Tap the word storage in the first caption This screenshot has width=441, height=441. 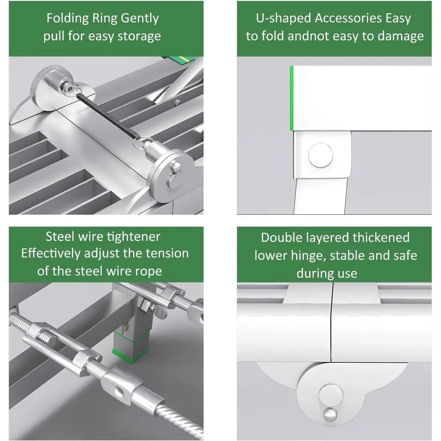point(139,36)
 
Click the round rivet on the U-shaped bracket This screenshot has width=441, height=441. point(321,155)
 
